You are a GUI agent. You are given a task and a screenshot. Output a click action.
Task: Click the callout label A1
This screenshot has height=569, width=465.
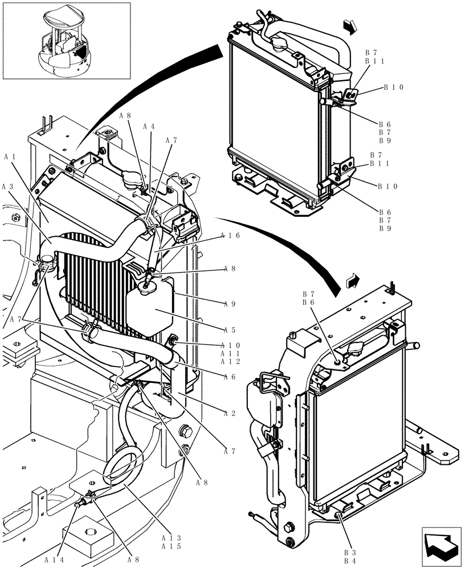tap(10, 155)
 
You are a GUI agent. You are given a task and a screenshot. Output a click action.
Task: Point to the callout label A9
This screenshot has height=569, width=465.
tap(230, 304)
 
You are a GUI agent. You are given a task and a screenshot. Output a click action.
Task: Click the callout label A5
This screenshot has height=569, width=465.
tap(230, 329)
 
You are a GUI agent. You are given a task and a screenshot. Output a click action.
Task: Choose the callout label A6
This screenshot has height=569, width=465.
tap(230, 377)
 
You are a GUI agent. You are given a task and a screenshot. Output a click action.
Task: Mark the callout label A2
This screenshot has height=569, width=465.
tap(230, 414)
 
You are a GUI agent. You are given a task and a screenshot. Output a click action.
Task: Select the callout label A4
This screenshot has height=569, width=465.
tap(149, 126)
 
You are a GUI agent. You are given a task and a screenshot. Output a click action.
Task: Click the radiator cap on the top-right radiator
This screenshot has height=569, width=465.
tap(281, 44)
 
